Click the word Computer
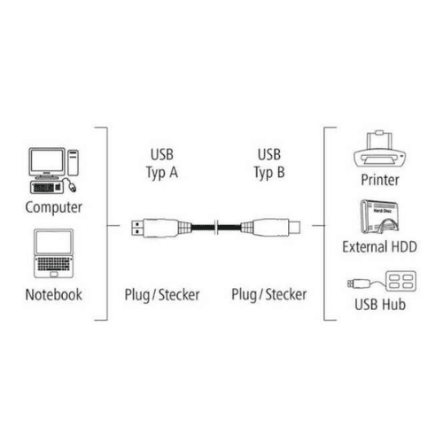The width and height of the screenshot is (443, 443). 53,207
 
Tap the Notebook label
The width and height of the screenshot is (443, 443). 54,295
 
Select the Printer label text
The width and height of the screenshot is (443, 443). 380,180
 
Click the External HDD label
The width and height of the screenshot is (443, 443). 379,247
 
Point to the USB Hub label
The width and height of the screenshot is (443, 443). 380,305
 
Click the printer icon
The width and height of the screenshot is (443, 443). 380,150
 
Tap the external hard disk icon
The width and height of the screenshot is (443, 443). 379,217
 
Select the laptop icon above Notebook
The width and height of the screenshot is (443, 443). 53,253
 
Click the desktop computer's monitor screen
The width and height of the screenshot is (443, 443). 47,161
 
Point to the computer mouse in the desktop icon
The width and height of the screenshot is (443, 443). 73,187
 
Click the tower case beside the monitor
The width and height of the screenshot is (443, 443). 73,162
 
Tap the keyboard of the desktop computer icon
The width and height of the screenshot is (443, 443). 46,188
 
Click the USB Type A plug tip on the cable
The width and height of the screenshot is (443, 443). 137,227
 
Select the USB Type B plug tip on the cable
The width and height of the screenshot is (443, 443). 294,227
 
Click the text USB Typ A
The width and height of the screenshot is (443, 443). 162,164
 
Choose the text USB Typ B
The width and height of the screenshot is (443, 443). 269,164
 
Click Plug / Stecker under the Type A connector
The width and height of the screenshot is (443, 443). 162,295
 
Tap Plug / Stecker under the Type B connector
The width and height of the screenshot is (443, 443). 268,295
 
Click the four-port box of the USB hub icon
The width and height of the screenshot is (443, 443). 400,281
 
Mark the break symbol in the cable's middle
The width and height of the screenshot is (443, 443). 216,227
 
